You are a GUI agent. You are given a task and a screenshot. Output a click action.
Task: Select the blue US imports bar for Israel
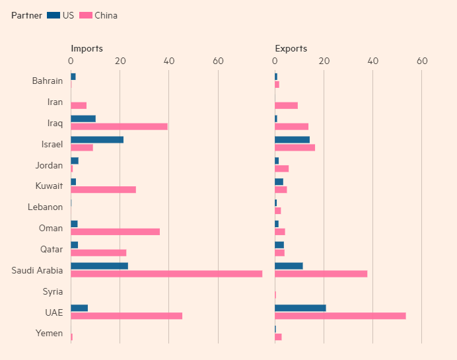click(97, 139)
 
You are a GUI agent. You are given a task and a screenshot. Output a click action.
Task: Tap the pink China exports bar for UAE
click(340, 316)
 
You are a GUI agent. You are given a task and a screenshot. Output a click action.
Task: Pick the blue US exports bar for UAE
click(300, 308)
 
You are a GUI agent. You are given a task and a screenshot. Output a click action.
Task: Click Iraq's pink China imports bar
click(119, 126)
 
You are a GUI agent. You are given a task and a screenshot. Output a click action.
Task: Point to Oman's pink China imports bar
click(115, 231)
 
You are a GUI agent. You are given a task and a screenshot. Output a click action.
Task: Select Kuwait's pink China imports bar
click(103, 190)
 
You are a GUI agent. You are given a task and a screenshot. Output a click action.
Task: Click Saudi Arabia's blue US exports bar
click(289, 266)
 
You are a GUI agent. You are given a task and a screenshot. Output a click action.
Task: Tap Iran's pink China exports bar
click(286, 105)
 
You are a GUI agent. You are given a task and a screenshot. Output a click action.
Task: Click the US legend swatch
click(53, 15)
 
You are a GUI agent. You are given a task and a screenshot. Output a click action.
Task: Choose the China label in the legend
click(106, 15)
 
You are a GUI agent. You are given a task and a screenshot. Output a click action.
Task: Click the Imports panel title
click(87, 48)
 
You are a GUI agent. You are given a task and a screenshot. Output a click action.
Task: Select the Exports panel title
click(291, 48)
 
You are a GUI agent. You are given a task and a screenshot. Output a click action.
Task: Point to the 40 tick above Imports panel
click(169, 61)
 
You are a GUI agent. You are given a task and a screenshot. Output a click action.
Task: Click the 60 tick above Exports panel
click(422, 61)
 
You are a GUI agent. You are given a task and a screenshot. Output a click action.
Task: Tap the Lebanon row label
click(46, 207)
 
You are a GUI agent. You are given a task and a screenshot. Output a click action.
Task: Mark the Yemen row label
click(50, 333)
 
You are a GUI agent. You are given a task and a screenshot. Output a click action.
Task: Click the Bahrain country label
click(48, 81)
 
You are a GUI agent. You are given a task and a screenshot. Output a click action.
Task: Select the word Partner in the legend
click(26, 15)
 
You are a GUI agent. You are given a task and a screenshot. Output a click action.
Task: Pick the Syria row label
click(53, 291)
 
